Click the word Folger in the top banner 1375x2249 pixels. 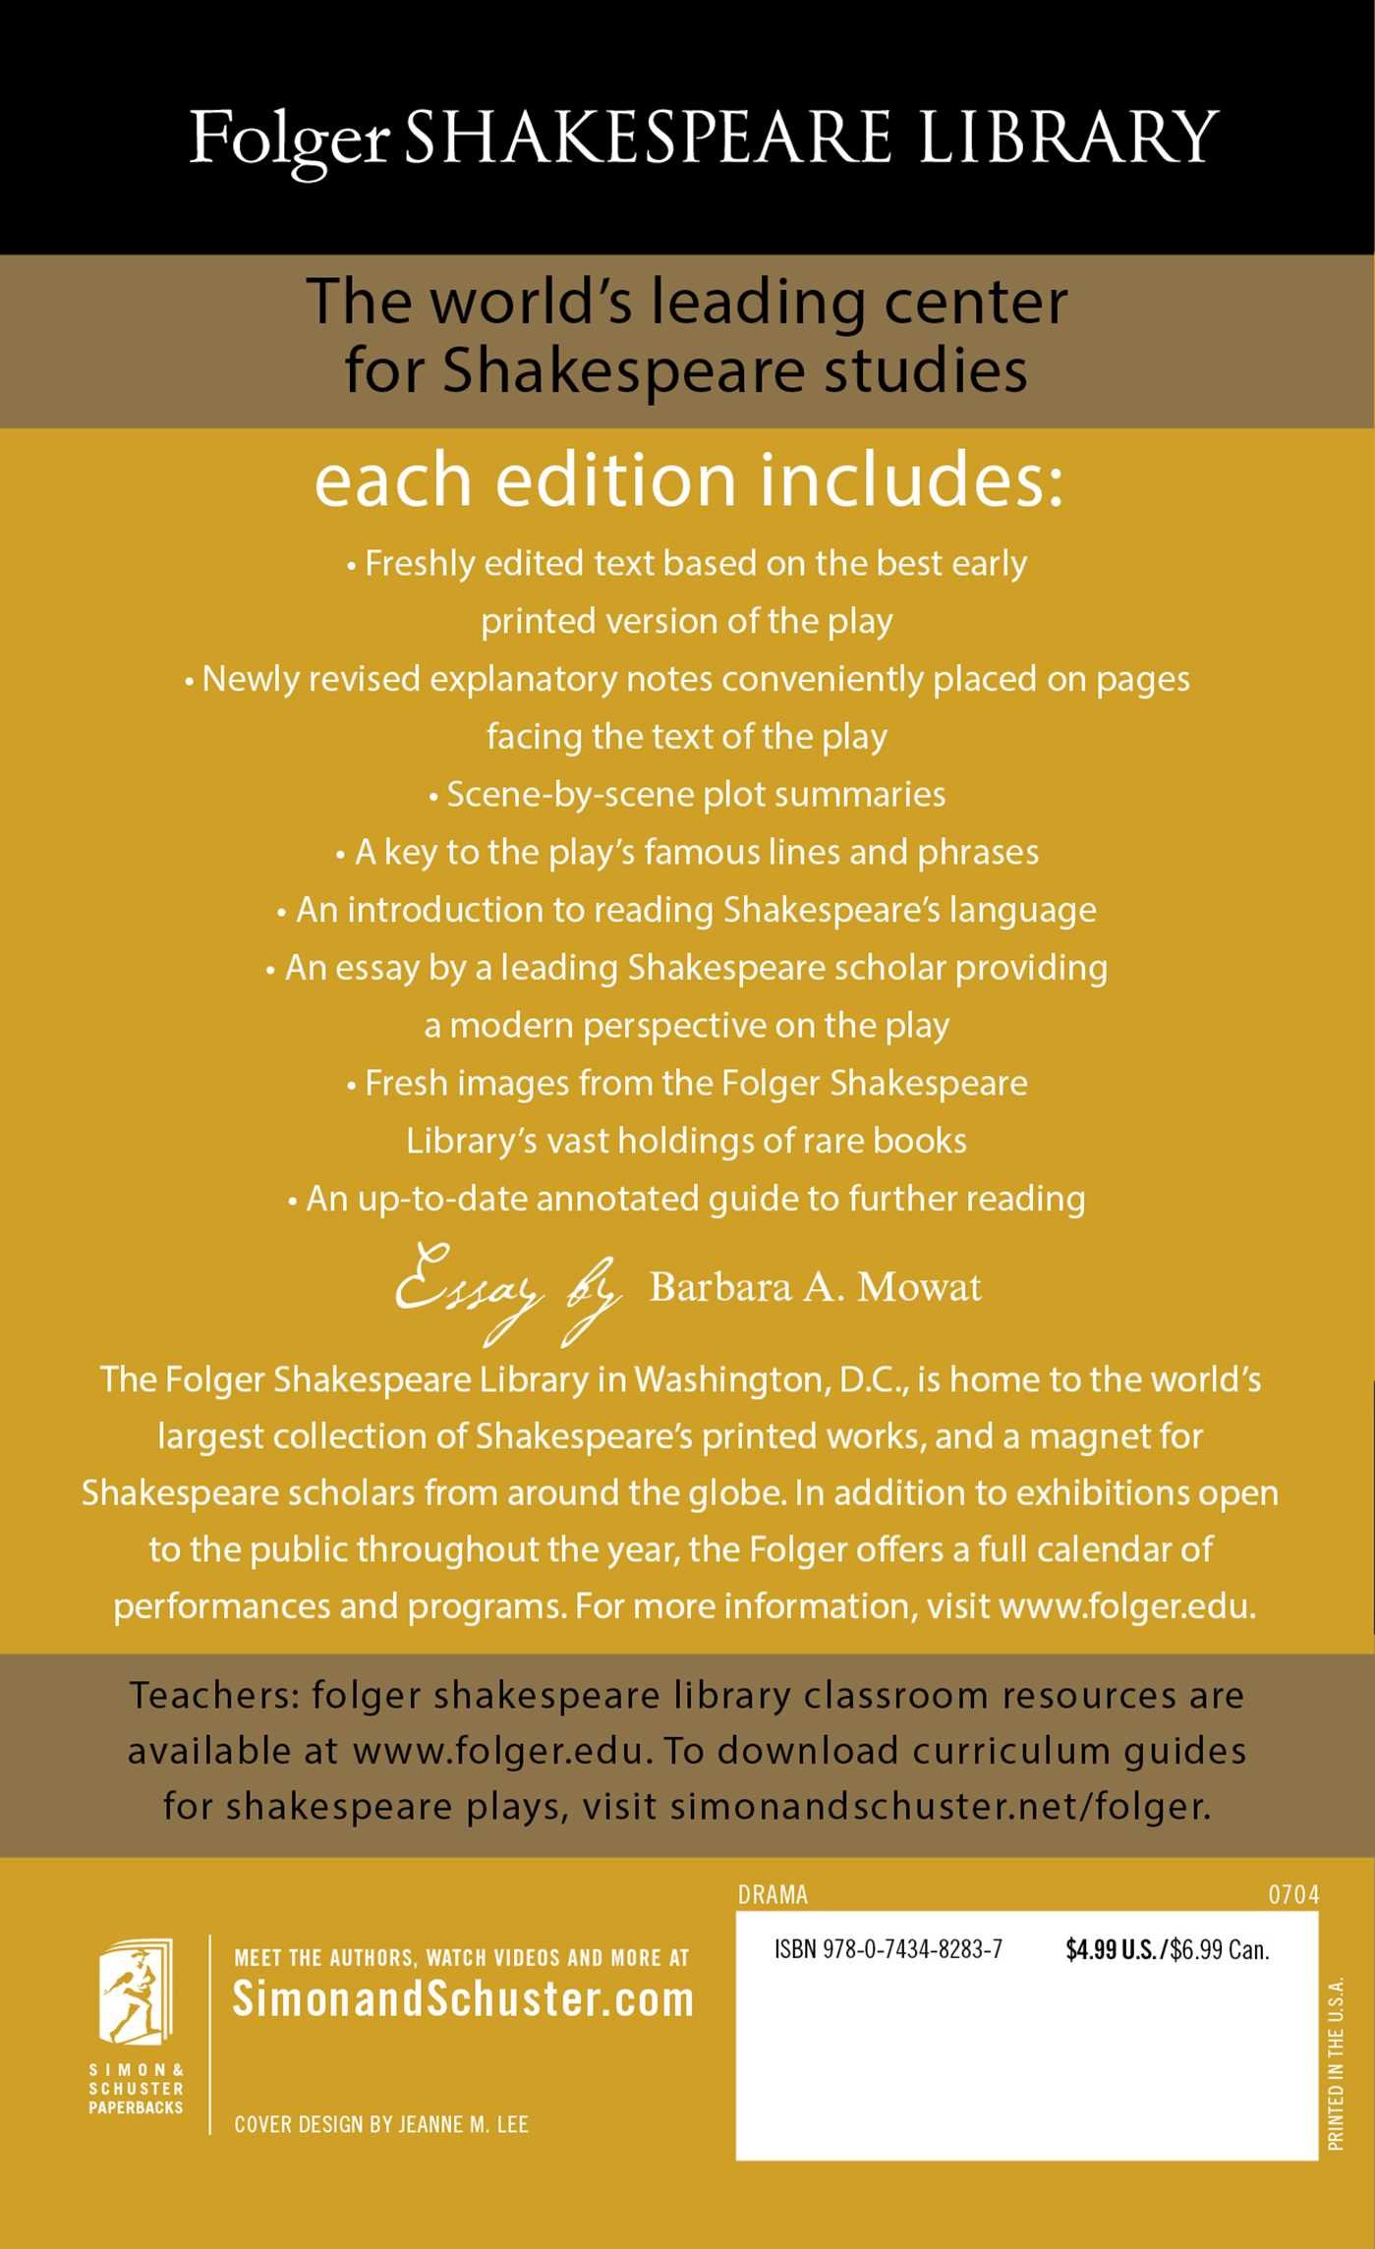pyautogui.click(x=290, y=140)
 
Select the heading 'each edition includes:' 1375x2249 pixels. pyautogui.click(x=688, y=480)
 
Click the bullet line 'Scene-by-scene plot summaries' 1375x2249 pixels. pyautogui.click(x=687, y=794)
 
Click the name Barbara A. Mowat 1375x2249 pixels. pyautogui.click(x=815, y=1287)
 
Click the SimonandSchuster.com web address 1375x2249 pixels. pyautogui.click(x=463, y=1999)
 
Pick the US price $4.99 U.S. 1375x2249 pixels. pyautogui.click(x=1113, y=1949)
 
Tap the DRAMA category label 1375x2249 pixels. pyautogui.click(x=773, y=1895)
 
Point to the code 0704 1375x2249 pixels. pyautogui.click(x=1293, y=1895)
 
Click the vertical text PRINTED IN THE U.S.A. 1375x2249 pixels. pyautogui.click(x=1336, y=2063)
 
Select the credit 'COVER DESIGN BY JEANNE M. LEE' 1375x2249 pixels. pyautogui.click(x=381, y=2124)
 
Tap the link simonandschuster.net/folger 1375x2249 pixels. pyautogui.click(x=940, y=1806)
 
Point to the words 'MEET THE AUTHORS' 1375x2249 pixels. pyautogui.click(x=324, y=1957)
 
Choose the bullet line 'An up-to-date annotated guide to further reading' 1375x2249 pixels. pyautogui.click(x=687, y=1199)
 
